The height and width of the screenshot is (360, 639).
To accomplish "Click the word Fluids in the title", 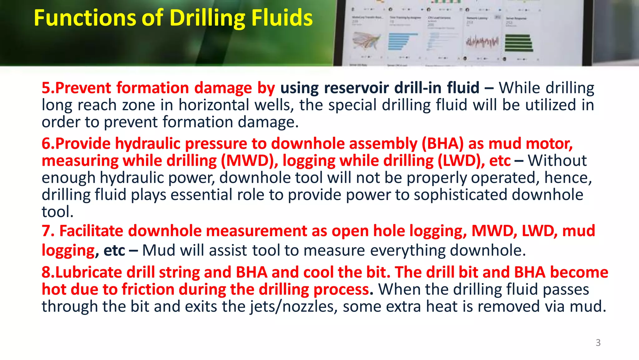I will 282,18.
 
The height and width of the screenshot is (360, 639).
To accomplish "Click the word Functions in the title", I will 85,18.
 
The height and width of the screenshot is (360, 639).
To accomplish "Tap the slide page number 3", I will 598,343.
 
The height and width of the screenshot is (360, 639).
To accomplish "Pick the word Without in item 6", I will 557,161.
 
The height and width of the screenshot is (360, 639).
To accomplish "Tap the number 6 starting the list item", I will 46,144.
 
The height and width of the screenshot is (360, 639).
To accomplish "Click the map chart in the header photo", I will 366,41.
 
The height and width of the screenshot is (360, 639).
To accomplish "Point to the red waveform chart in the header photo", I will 482,42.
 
